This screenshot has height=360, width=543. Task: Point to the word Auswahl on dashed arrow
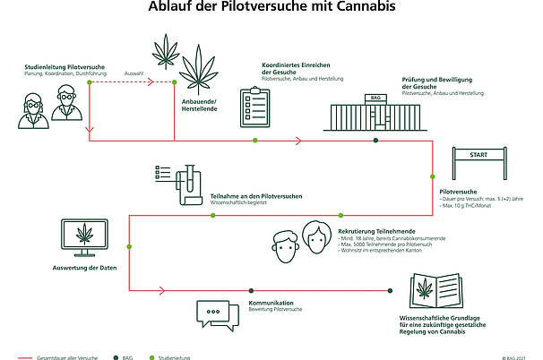coord(134,73)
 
